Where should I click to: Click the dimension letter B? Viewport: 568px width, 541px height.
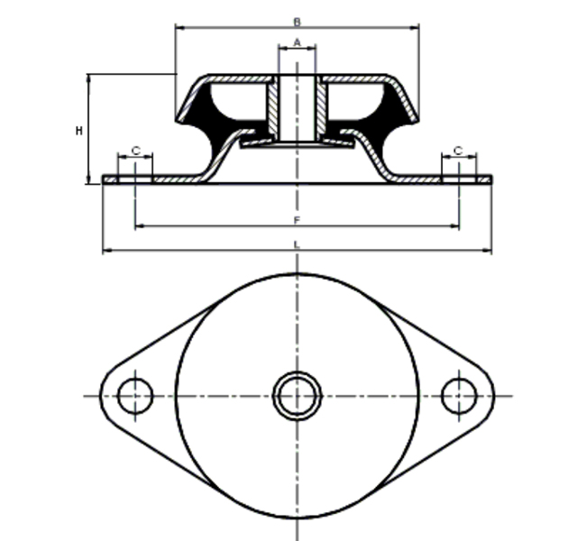[297, 23]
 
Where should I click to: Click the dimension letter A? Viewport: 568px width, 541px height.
[297, 42]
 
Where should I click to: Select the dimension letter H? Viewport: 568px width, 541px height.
[79, 131]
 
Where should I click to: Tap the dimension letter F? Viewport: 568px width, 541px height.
[297, 220]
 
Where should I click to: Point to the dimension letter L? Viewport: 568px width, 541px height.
[297, 244]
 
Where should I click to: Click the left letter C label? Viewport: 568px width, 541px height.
[136, 151]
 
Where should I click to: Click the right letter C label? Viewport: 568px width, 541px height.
[458, 151]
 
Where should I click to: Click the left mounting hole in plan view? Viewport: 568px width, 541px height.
[135, 379]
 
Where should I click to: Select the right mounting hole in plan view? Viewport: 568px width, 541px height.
[459, 379]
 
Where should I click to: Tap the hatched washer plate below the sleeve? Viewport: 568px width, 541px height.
[297, 144]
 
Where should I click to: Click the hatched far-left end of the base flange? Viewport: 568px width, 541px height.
[110, 179]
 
